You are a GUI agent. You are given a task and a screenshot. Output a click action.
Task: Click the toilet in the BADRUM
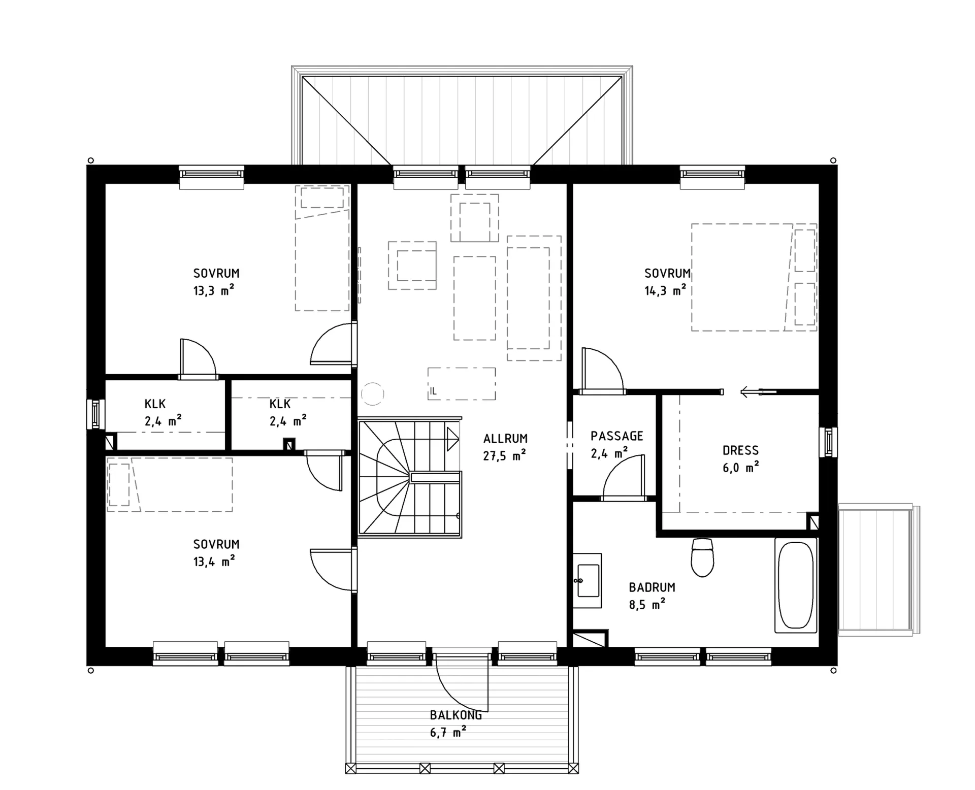[702, 557]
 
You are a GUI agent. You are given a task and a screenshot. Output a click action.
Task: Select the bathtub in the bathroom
[796, 585]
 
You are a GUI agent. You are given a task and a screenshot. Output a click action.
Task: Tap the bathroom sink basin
[589, 580]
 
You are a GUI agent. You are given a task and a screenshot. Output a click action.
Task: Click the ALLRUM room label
[505, 439]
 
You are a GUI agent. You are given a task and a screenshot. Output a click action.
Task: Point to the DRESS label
[740, 450]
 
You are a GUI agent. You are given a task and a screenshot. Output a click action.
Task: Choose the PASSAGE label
[616, 436]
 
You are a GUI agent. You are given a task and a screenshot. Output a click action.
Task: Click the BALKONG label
[456, 715]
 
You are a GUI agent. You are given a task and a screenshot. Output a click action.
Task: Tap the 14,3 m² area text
[665, 290]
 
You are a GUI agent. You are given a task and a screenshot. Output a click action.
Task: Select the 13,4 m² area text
[214, 561]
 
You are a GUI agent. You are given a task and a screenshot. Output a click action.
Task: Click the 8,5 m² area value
[647, 604]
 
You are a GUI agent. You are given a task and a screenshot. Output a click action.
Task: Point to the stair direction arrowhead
[453, 439]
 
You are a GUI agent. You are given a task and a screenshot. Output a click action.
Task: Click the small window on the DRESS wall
[828, 442]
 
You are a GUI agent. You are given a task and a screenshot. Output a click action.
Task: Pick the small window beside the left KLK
[95, 414]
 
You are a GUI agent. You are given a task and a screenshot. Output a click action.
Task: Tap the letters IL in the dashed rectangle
[433, 391]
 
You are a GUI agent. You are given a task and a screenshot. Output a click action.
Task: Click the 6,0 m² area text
[740, 467]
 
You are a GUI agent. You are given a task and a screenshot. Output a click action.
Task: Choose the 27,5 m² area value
[504, 455]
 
